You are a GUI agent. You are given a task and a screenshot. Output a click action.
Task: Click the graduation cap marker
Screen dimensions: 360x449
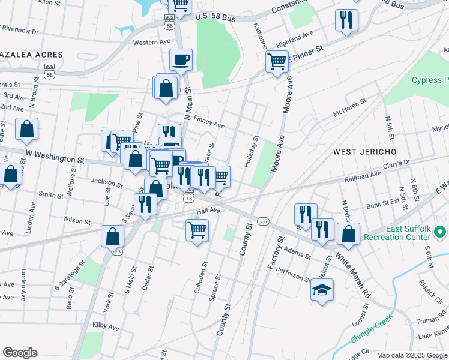click(322, 290)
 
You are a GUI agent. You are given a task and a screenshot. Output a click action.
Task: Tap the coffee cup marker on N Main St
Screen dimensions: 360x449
click(181, 59)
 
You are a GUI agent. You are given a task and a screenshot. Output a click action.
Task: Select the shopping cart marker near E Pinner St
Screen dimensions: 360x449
click(277, 61)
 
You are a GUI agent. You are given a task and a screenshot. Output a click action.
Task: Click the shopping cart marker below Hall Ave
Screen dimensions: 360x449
click(197, 229)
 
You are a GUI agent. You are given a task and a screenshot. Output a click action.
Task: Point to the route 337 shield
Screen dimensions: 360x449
click(263, 221)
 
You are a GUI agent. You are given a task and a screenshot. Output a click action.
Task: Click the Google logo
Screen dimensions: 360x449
click(20, 353)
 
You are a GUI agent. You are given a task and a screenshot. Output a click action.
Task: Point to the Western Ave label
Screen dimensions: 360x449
click(152, 43)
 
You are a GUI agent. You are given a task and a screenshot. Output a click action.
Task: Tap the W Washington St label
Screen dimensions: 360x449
click(55, 156)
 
